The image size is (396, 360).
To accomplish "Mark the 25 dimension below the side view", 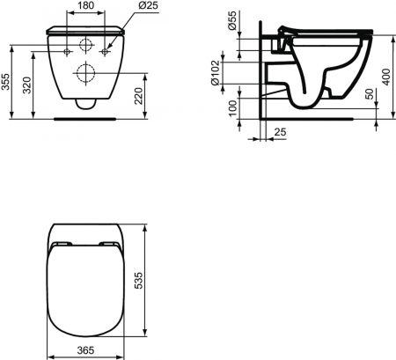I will (280, 132).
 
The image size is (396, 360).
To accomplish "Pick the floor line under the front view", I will (86, 115).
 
